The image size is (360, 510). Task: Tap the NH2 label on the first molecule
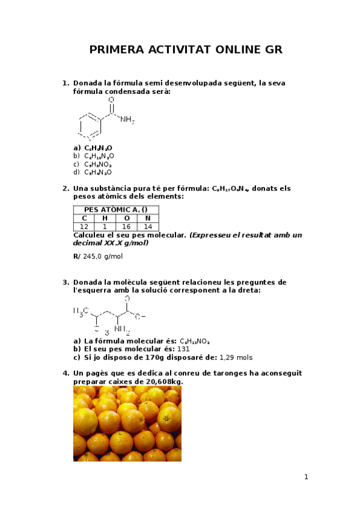click(x=127, y=120)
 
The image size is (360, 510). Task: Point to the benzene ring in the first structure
click(x=90, y=125)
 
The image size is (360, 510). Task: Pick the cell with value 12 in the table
click(x=84, y=226)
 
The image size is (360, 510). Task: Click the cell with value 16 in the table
click(x=127, y=226)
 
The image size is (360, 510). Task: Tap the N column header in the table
click(x=148, y=218)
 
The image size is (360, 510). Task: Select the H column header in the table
click(x=105, y=218)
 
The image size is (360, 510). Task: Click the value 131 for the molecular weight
click(x=184, y=349)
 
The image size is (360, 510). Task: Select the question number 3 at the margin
click(x=65, y=282)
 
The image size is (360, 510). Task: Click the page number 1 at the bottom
click(x=306, y=477)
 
